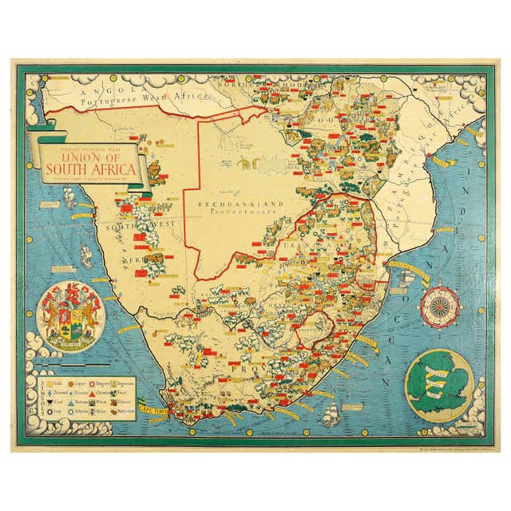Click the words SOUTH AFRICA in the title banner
pyautogui.click(x=89, y=168)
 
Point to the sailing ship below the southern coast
pyautogui.click(x=330, y=414)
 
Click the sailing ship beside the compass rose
pyautogui.click(x=407, y=275)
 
